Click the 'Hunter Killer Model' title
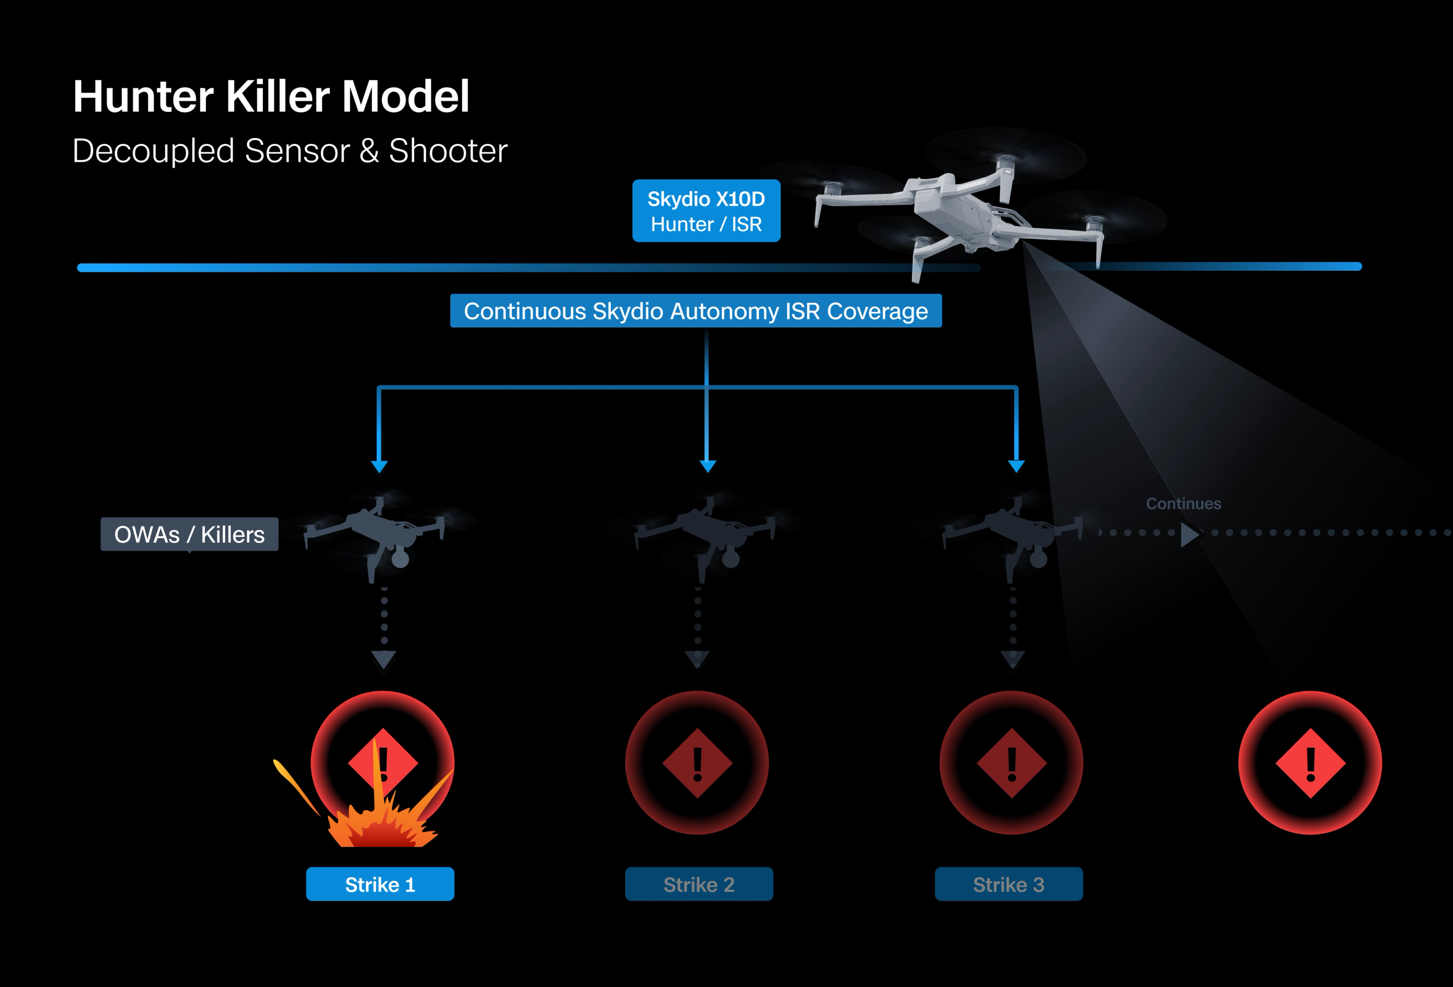pos(271,97)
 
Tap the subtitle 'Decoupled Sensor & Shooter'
pos(290,151)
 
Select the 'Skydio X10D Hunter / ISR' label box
pos(706,211)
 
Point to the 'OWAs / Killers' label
pos(189,534)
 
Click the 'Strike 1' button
pos(380,884)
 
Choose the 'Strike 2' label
pos(698,884)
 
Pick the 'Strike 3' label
pos(1008,884)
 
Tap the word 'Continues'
pos(1183,503)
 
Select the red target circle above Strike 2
pos(696,763)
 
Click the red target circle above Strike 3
pos(1011,763)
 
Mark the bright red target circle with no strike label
pos(1310,763)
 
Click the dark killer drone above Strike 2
pos(707,532)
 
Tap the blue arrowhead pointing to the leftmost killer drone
pos(379,466)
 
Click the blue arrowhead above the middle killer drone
pos(707,466)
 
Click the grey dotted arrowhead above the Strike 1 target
pos(383,658)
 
